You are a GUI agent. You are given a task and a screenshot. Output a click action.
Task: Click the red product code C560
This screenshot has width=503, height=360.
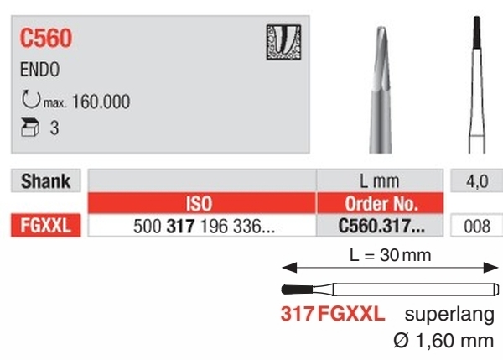click(46, 38)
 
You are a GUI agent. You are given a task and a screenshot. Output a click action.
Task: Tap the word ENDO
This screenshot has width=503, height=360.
click(39, 70)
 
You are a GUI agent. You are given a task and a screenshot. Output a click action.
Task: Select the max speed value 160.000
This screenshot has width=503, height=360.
click(101, 102)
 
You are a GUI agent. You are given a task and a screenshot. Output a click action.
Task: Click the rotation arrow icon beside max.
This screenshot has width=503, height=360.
click(31, 99)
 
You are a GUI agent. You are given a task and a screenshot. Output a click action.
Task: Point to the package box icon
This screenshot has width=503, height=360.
click(30, 128)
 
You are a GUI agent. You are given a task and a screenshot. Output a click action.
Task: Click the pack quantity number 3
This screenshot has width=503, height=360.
click(54, 128)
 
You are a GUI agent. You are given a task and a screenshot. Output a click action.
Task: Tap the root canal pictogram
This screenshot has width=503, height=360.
click(283, 42)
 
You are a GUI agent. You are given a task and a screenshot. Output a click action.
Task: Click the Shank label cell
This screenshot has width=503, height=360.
click(45, 180)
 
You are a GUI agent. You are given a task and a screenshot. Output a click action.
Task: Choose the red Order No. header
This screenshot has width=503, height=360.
click(381, 203)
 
